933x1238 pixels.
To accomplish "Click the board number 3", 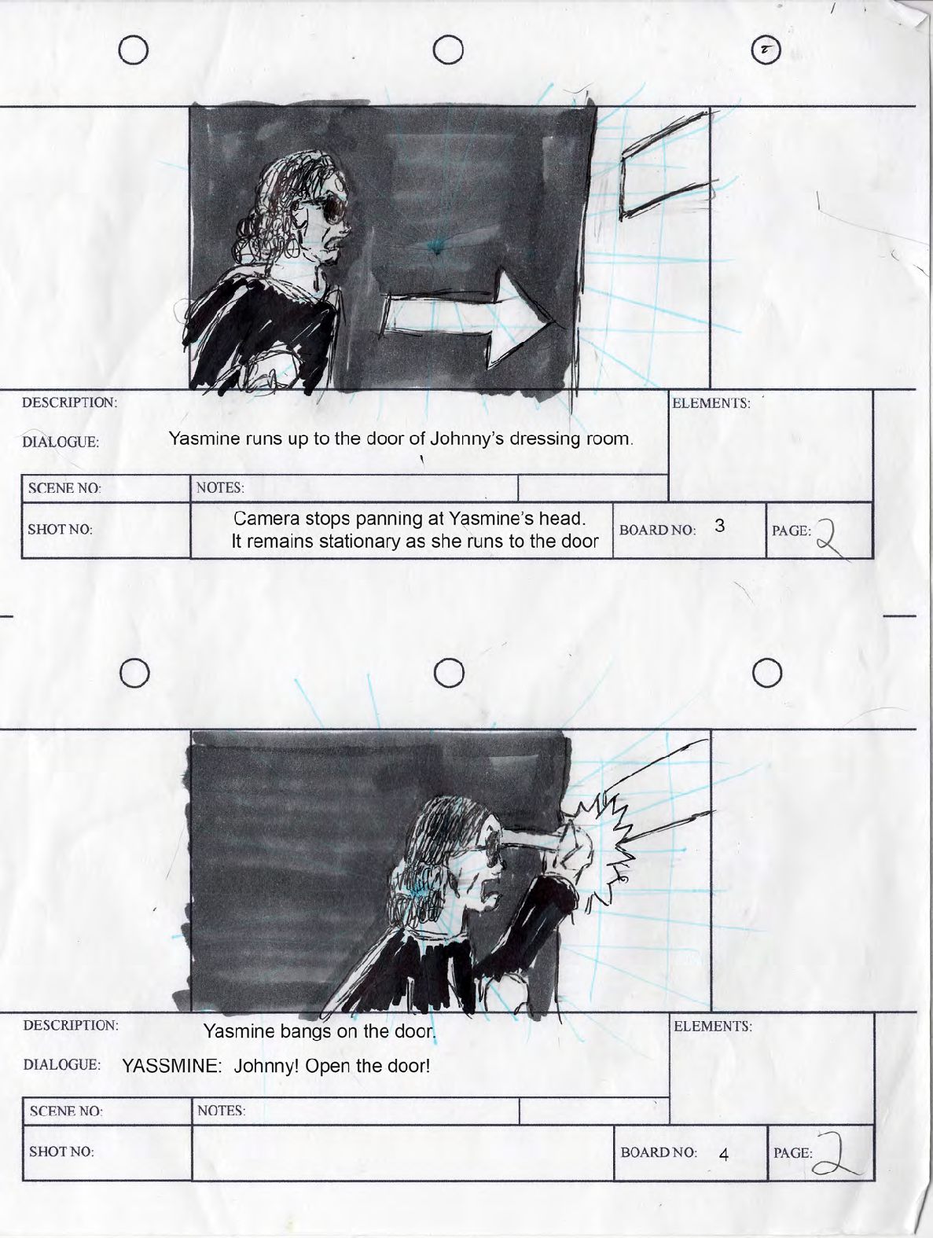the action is click(x=719, y=526).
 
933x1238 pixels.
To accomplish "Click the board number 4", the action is click(x=724, y=1155).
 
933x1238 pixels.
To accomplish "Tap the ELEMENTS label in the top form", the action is click(x=711, y=403).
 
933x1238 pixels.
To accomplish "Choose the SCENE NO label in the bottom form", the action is click(x=66, y=1111).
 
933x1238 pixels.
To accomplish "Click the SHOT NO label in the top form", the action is click(x=60, y=530).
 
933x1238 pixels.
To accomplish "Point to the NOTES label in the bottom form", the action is click(x=221, y=1111).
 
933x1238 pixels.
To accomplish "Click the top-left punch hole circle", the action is click(x=134, y=50).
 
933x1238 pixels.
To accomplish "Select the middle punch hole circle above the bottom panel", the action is click(x=449, y=673).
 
